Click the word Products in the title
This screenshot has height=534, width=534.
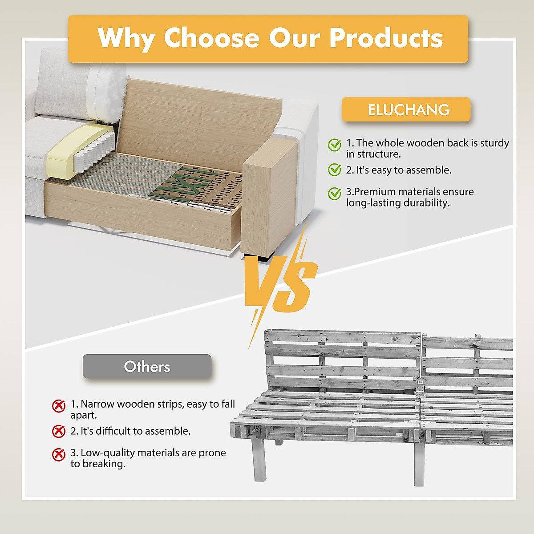click(x=386, y=38)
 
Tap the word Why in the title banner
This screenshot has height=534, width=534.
click(x=125, y=39)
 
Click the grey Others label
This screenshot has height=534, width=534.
click(x=147, y=367)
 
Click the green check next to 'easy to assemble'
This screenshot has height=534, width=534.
click(x=334, y=170)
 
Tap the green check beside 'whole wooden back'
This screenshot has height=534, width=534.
click(x=334, y=145)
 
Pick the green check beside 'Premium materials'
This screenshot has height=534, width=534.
click(x=334, y=194)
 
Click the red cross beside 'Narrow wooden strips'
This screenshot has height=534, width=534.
click(x=59, y=406)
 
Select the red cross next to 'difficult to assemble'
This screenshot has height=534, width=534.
click(x=59, y=431)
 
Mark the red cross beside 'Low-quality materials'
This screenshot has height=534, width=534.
click(x=59, y=454)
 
